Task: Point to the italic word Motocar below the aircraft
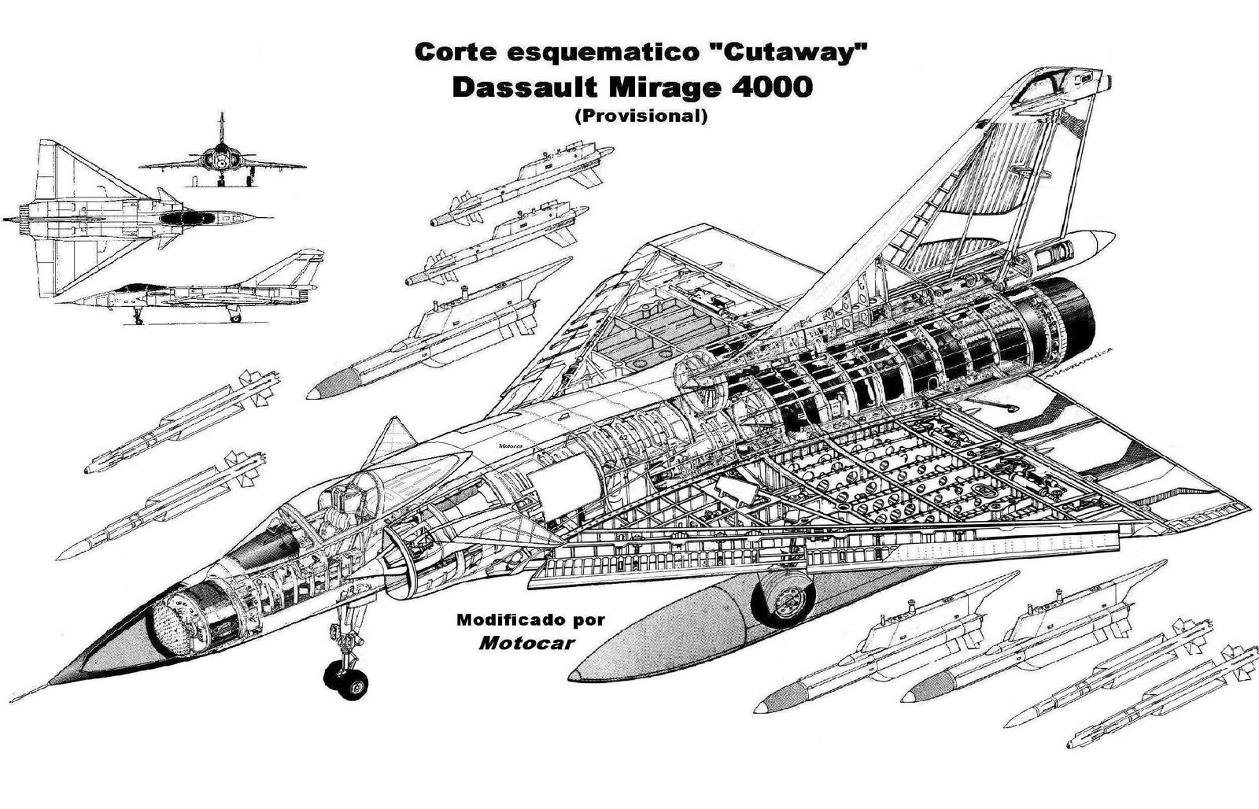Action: coord(526,642)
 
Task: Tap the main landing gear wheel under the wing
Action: coord(785,600)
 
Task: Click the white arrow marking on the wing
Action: coord(736,491)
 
